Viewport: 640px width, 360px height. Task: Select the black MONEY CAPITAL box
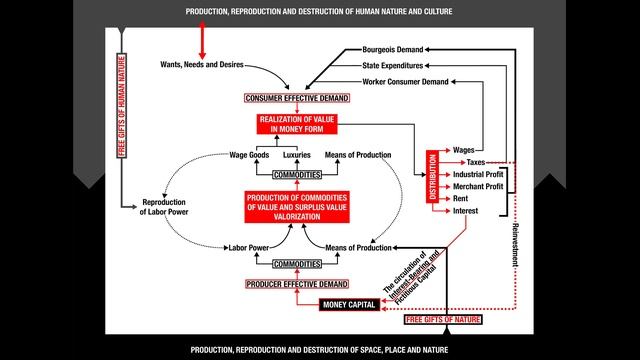(x=346, y=303)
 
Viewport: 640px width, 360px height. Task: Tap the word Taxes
(x=476, y=162)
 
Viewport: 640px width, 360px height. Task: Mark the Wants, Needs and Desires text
(x=201, y=65)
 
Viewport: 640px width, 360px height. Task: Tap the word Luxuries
(x=297, y=155)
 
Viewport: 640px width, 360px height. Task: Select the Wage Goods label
(x=251, y=155)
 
